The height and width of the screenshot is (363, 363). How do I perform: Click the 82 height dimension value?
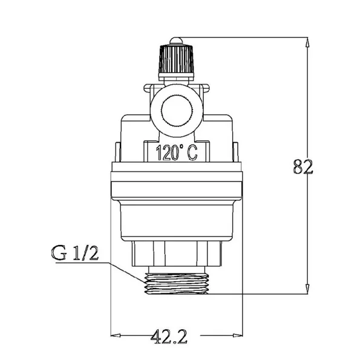[x=303, y=166]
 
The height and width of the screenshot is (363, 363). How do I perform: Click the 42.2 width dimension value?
[x=169, y=336]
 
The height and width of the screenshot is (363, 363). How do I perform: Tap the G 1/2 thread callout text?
[x=75, y=253]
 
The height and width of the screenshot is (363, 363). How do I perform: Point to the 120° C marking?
[x=177, y=153]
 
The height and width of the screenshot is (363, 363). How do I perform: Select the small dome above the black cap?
[x=176, y=41]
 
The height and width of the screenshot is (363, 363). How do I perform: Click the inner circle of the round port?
[x=177, y=110]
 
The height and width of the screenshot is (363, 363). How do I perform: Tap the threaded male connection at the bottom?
[x=177, y=283]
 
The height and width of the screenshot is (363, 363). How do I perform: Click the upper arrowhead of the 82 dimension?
[x=307, y=43]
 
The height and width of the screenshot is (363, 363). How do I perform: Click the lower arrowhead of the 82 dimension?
[x=307, y=289]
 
